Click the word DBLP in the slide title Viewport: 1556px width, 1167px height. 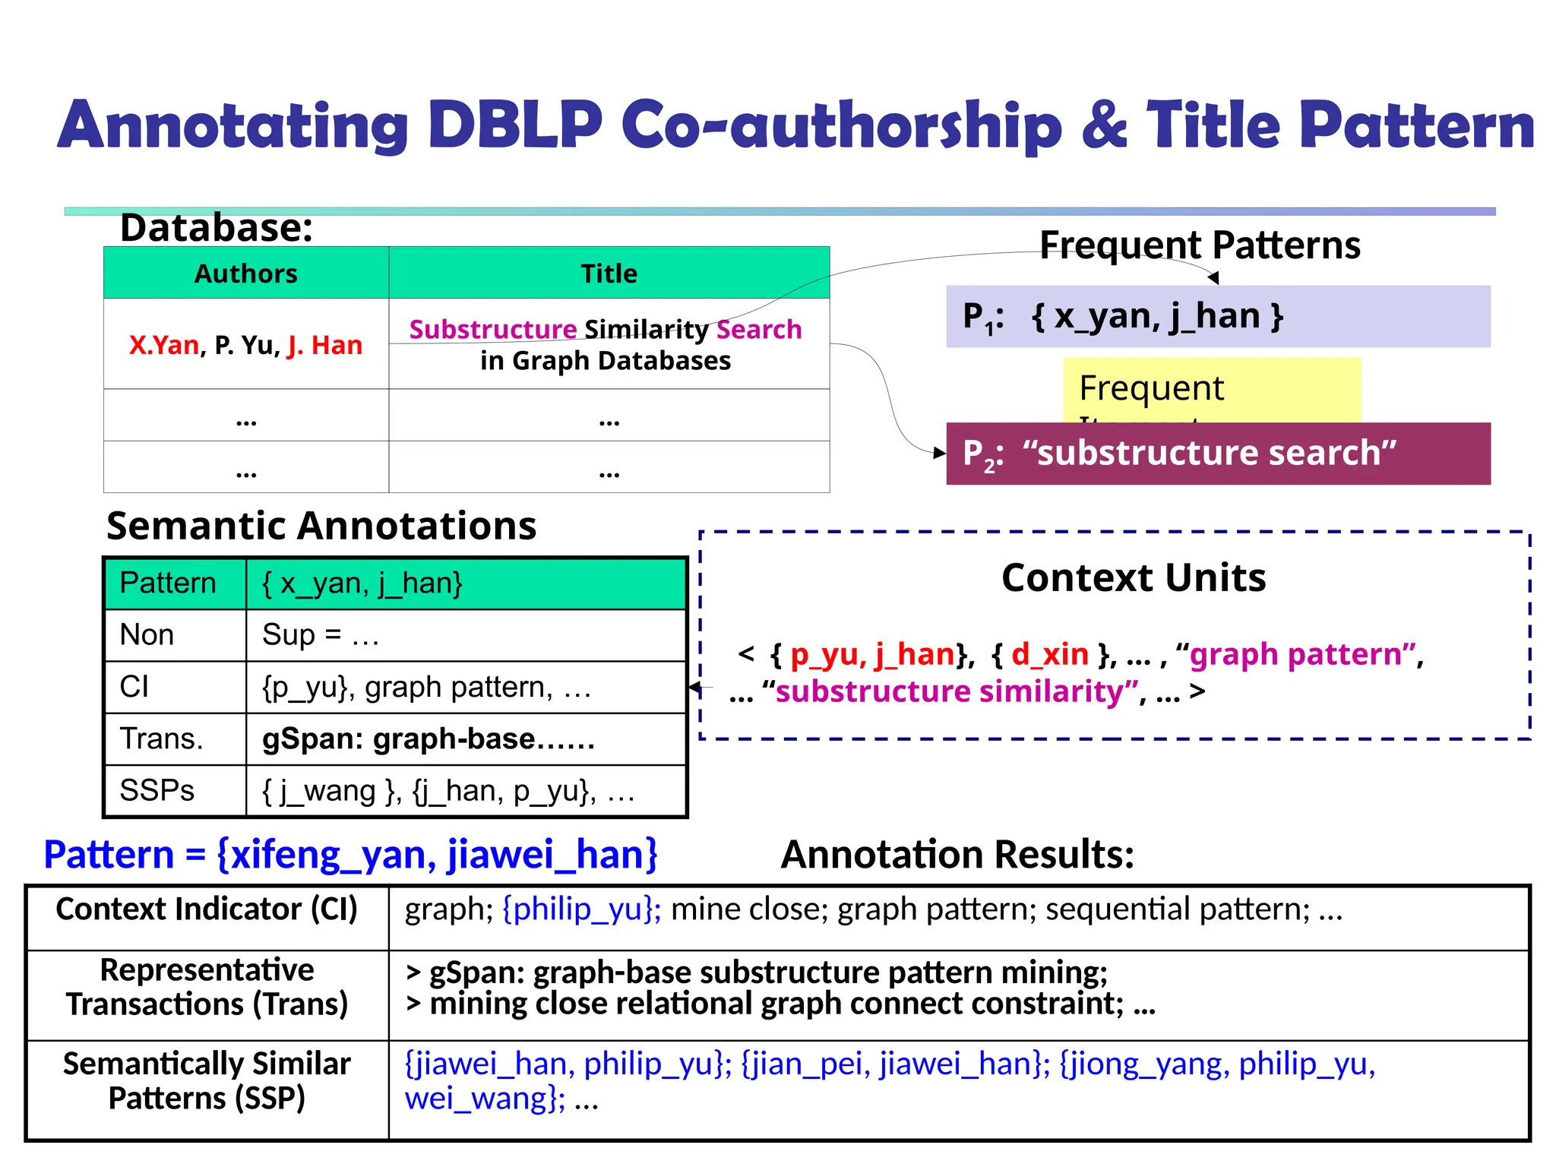515,125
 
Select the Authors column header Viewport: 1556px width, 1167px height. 245,274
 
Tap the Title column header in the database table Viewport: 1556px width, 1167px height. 609,274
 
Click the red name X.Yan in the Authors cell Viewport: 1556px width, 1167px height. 164,346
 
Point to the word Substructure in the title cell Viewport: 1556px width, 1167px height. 493,330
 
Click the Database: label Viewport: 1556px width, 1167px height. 217,228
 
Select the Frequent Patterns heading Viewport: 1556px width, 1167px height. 1200,245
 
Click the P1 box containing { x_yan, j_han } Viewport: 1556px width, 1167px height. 1217,317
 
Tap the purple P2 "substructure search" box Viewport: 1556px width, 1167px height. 1217,454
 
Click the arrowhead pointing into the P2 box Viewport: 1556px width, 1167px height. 941,453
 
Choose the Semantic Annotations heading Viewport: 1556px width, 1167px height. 321,526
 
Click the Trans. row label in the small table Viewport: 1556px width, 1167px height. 162,738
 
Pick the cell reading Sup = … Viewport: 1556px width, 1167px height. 320,635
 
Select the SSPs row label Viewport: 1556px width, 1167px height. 157,791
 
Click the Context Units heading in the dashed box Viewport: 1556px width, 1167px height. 1134,577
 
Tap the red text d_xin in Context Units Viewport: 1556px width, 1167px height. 1050,654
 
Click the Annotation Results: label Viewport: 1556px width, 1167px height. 957,855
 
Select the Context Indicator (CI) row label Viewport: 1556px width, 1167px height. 207,909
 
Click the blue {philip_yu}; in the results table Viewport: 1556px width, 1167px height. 582,909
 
